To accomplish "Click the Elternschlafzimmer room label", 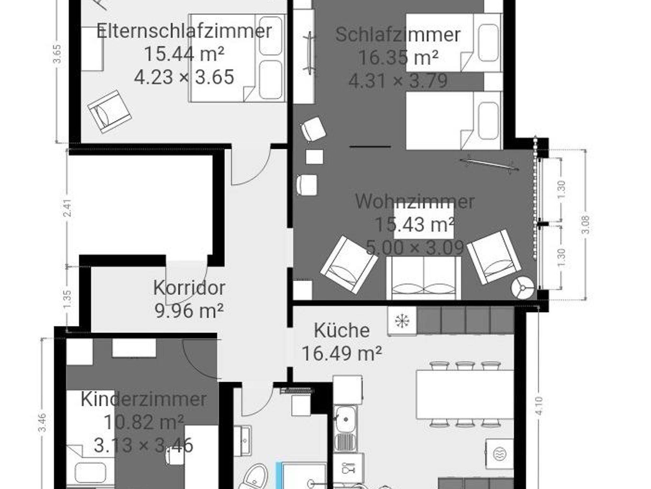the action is (184, 31).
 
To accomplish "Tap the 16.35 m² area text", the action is (398, 58).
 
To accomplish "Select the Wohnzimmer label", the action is (415, 201).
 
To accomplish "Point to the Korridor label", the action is (189, 287).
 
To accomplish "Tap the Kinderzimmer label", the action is (144, 399).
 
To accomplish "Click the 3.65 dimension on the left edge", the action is (57, 54).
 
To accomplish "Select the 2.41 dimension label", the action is (67, 208).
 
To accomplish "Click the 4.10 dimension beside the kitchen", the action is (539, 406).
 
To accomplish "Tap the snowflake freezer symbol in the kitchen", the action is (402, 321).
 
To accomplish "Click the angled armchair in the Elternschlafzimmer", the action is (110, 111).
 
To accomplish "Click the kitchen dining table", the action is (465, 394).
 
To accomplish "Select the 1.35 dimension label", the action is (67, 299).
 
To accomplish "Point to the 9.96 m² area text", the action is (189, 310).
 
